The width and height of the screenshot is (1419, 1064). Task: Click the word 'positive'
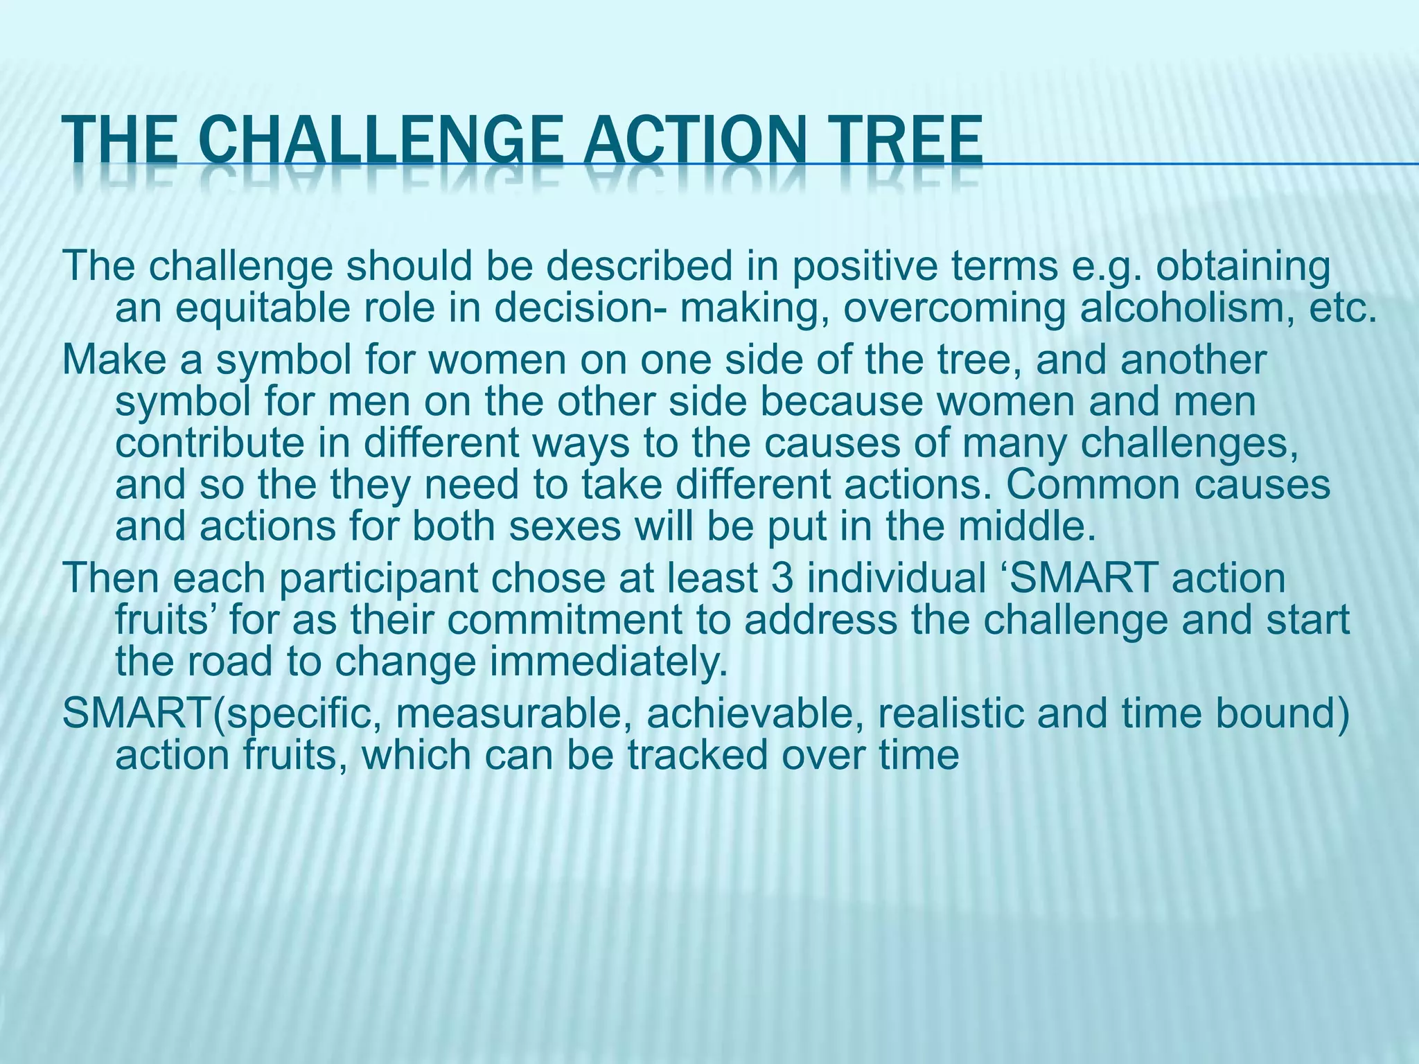pyautogui.click(x=865, y=267)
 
